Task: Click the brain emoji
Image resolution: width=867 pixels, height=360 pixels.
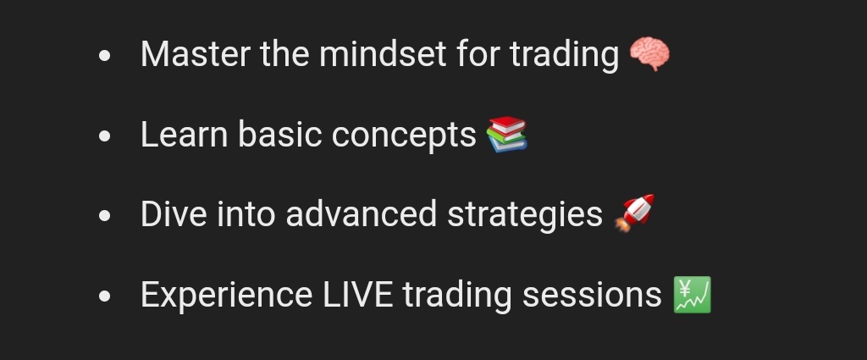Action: [x=649, y=55]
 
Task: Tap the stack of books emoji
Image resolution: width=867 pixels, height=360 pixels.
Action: [x=507, y=135]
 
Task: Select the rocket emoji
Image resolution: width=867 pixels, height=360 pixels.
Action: [x=634, y=213]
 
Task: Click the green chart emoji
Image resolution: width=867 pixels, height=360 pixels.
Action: [x=692, y=295]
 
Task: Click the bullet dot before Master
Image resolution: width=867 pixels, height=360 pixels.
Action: [x=105, y=57]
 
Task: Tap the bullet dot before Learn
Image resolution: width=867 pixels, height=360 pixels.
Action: [x=105, y=136]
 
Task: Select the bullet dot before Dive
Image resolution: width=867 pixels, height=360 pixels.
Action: [x=105, y=216]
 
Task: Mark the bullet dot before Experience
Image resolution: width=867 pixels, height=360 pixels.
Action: [x=105, y=296]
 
